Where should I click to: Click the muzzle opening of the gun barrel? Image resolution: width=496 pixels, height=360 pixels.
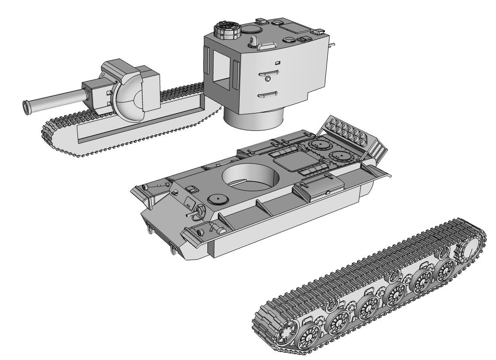[26, 107]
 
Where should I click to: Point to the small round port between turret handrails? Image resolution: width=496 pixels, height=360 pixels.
[268, 79]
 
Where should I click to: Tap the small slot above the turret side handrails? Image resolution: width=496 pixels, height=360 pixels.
[277, 62]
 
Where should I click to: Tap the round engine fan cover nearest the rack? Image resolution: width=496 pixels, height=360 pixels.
[339, 155]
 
